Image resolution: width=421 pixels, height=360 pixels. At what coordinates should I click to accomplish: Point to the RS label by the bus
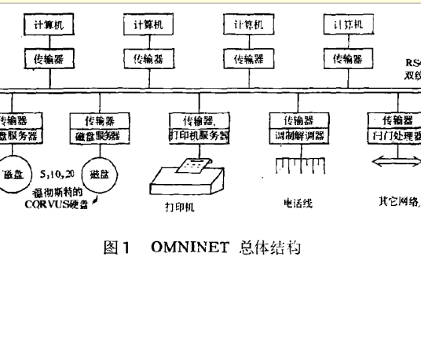pyautogui.click(x=413, y=64)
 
